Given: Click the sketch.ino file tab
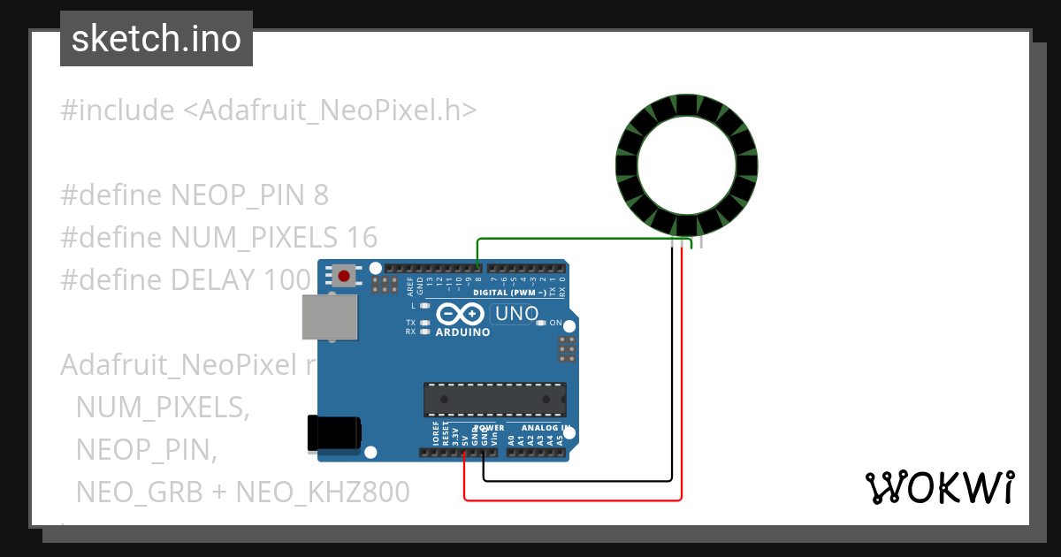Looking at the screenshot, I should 156,39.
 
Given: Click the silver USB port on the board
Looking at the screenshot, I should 330,317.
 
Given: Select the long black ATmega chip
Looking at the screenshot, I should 494,399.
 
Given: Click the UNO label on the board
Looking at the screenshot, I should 516,313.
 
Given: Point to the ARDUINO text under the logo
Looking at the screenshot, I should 462,332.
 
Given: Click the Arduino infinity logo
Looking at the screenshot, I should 460,314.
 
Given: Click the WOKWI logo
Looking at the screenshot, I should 939,487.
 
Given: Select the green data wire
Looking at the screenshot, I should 575,239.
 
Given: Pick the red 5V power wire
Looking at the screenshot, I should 575,500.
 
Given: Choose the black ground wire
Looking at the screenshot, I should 575,481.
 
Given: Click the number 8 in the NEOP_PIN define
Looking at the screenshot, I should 321,195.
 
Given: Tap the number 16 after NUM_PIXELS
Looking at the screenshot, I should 363,237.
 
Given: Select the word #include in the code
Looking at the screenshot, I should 118,111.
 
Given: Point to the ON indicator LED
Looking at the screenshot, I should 540,323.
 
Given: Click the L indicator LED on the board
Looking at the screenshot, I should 425,305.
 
